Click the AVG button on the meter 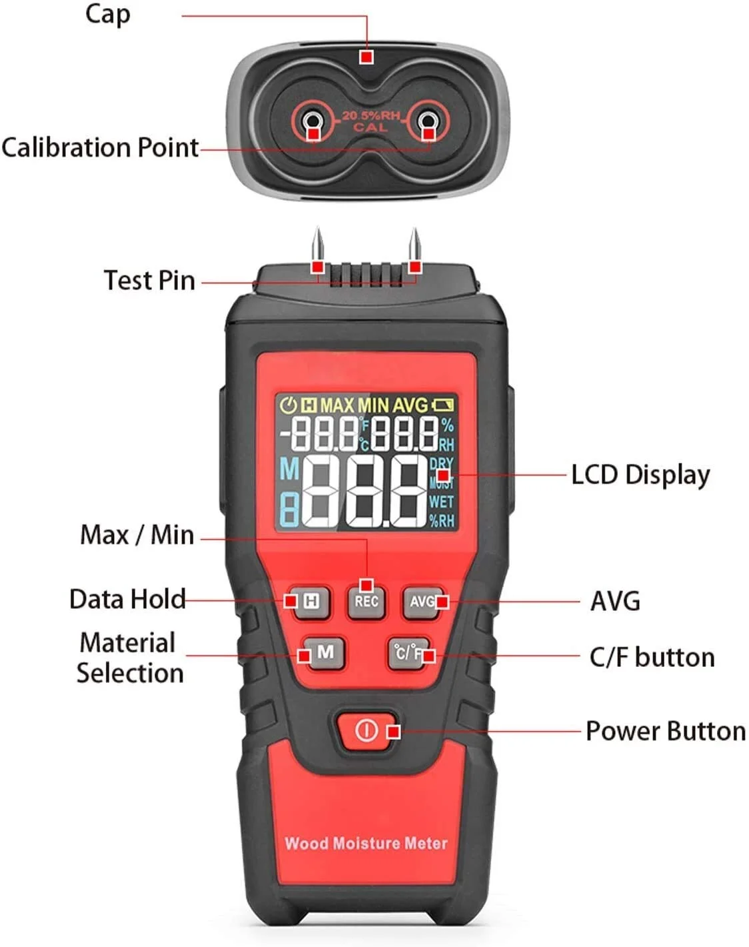[422, 602]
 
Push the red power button [366, 731]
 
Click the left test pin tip [318, 228]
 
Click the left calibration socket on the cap [312, 120]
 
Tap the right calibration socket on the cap [427, 120]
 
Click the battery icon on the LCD [442, 405]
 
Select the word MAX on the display [337, 405]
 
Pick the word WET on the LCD [441, 502]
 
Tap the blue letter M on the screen [289, 469]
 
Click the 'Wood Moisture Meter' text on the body [366, 843]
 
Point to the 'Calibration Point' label [100, 147]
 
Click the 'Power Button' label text [666, 732]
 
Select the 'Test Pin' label [149, 280]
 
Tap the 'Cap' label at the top [108, 15]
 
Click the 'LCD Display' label [641, 476]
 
